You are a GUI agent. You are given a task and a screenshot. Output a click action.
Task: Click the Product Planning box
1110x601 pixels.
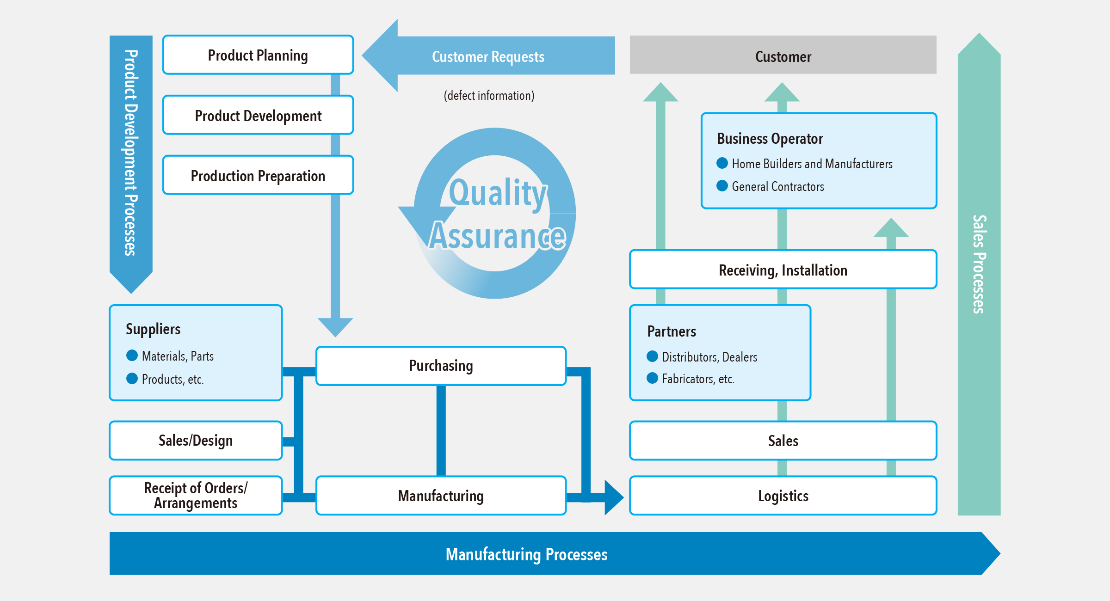tap(258, 55)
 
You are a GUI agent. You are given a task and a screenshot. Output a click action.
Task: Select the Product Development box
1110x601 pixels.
tap(258, 115)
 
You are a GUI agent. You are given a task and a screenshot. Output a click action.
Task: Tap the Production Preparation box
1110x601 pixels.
tap(258, 175)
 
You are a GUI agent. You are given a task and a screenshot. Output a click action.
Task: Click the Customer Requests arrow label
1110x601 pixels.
tap(488, 56)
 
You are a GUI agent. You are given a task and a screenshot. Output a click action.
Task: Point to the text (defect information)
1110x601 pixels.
tap(489, 95)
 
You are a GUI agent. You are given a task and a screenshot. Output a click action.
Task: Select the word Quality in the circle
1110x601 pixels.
tap(498, 192)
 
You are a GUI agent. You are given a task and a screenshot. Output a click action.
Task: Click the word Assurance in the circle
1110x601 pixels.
tap(498, 236)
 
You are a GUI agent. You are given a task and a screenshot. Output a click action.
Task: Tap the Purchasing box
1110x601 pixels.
tap(441, 366)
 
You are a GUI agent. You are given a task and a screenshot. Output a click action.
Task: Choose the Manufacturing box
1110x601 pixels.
tap(441, 496)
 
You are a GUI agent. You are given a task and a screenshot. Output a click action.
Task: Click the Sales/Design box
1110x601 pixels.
tap(196, 441)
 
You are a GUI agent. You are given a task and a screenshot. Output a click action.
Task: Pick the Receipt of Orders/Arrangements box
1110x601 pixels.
tap(196, 495)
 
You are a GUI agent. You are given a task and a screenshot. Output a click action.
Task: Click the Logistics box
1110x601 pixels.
tap(783, 496)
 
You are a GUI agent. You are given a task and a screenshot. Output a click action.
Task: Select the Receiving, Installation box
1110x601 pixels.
tap(783, 270)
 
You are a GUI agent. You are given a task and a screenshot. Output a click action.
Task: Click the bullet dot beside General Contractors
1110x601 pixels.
tap(722, 186)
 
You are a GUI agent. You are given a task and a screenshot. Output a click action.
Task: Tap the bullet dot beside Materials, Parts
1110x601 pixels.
tap(132, 356)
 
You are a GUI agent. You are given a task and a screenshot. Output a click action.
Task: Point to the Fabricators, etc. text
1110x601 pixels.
tap(698, 379)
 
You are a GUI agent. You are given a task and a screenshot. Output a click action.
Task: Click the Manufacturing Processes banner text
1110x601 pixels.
tap(526, 554)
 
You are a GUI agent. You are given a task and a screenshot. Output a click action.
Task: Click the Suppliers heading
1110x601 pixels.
tap(153, 329)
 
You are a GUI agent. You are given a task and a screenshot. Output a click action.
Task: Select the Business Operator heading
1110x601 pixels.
tap(770, 138)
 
